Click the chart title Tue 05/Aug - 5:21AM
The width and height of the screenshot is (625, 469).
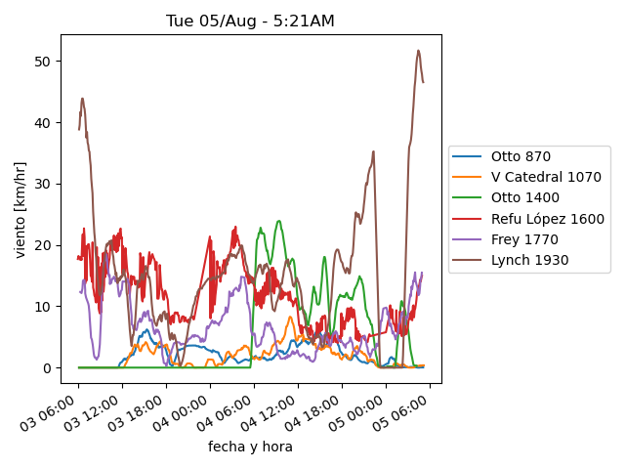(251, 21)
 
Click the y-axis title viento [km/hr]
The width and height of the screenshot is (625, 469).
(21, 209)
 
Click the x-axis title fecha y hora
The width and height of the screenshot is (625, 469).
(250, 447)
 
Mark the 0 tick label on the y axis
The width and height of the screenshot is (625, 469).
(49, 367)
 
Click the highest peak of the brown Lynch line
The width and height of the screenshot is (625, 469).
(419, 51)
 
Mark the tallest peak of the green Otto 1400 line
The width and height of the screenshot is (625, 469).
(279, 221)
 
